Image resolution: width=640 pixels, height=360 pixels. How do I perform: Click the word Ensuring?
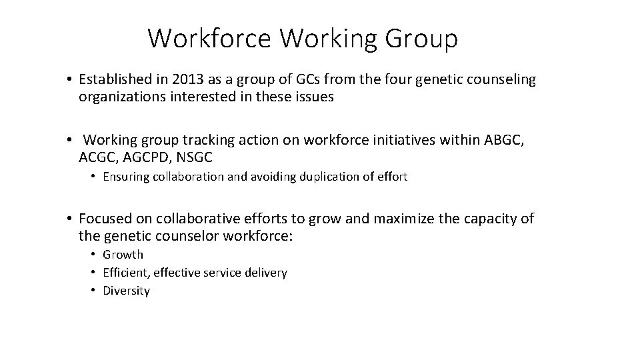(124, 177)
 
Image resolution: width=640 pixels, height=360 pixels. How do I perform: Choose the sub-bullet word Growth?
(123, 255)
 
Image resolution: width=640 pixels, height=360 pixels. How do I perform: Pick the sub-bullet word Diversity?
(126, 291)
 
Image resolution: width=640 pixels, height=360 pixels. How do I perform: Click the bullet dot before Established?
(69, 81)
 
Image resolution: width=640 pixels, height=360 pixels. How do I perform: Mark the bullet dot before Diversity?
(94, 291)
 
